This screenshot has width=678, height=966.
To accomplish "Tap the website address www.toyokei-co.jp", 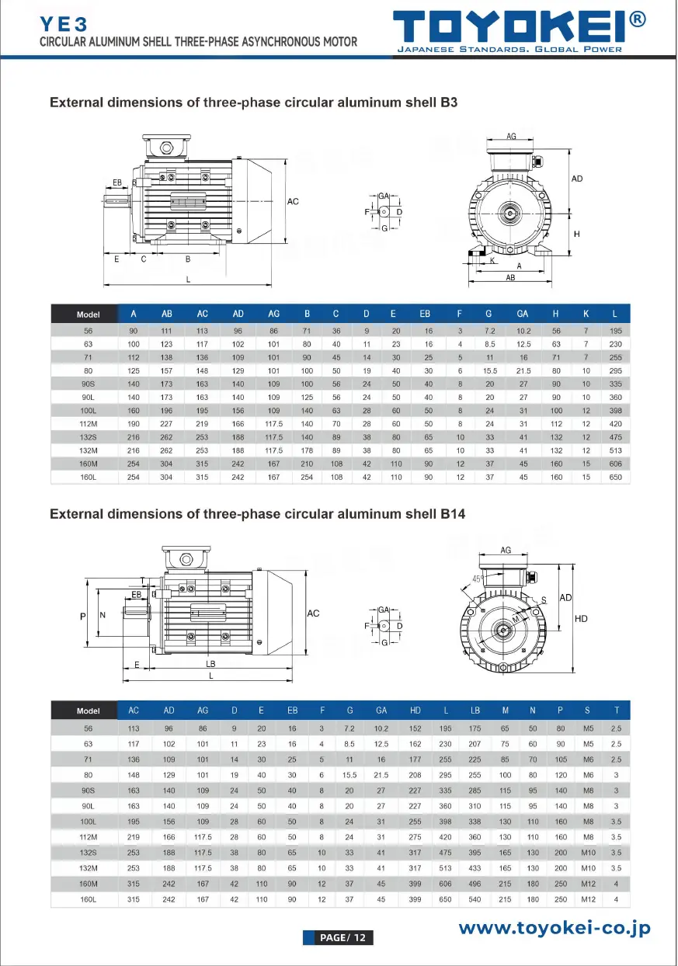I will [554, 927].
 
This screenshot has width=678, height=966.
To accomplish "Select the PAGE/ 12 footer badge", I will [338, 937].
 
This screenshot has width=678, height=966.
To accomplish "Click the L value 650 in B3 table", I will [615, 477].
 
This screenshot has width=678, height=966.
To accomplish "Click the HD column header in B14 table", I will [415, 710].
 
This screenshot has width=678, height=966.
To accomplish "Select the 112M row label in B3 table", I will [88, 424].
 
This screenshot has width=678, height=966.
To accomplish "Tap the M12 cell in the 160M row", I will [587, 884].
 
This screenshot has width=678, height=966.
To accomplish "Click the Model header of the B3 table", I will [88, 314].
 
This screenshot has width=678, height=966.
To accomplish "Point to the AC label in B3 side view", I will [293, 202].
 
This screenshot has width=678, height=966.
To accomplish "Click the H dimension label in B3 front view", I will [576, 234].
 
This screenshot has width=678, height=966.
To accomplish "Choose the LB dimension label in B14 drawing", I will [210, 664].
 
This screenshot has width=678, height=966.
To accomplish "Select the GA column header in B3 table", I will [522, 314].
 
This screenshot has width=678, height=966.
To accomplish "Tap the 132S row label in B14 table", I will [88, 852].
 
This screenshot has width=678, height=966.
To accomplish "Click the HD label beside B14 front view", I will [581, 619].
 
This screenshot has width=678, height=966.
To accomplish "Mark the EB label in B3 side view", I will [117, 183].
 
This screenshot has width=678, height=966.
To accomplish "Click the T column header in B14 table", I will [616, 710].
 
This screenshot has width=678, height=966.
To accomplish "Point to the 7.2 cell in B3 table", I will [489, 331].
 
